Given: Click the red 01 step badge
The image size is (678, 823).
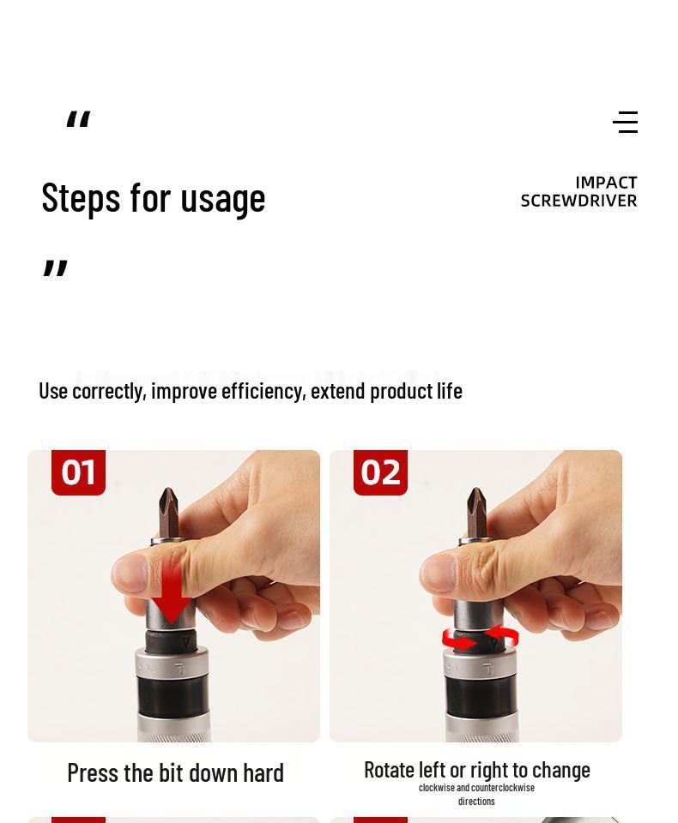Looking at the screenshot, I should [x=78, y=472].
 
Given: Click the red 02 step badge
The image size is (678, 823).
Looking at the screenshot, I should [x=380, y=472].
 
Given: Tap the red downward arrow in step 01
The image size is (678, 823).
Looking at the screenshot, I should [x=171, y=593].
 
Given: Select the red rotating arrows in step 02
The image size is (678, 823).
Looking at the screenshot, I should [x=480, y=639].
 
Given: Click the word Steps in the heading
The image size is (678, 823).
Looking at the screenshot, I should [x=81, y=197].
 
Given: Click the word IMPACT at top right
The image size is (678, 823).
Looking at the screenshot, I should [x=606, y=183].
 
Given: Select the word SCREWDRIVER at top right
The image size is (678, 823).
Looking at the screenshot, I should [x=578, y=201].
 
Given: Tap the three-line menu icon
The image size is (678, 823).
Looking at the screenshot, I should [x=626, y=123].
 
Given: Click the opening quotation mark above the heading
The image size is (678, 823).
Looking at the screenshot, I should [x=78, y=120].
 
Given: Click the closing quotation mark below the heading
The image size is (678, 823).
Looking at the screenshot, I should [x=55, y=268].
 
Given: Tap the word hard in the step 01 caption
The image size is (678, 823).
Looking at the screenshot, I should [x=263, y=772].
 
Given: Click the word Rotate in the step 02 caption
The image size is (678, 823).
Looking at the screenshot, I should [x=390, y=770].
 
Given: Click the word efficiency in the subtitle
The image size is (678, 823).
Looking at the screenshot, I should [x=262, y=391].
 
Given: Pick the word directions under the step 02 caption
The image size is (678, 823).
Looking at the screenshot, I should [x=476, y=801].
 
